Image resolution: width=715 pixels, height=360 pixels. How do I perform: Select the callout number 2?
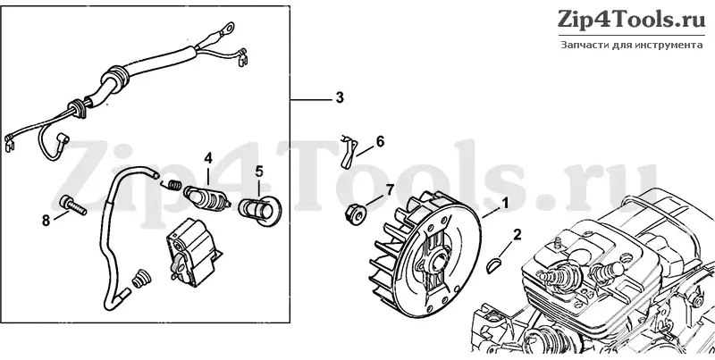(517, 235)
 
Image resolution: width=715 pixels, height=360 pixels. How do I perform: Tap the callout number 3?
(340, 98)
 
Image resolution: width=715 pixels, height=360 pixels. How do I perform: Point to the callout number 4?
(208, 159)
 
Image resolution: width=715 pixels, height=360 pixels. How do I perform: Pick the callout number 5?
(259, 172)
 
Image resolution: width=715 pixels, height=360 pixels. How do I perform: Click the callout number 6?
(380, 142)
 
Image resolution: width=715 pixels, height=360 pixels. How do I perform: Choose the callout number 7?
(389, 189)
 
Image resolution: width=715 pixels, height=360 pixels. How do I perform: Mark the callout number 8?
(46, 221)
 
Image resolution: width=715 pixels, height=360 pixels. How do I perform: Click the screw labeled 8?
(73, 206)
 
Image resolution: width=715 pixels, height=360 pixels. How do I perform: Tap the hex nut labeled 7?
(354, 214)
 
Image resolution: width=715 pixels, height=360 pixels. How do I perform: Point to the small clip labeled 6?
(348, 149)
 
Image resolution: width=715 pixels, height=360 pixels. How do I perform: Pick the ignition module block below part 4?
(190, 251)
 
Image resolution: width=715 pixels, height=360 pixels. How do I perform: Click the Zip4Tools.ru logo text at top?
(632, 21)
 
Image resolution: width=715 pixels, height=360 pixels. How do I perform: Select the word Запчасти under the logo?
(579, 46)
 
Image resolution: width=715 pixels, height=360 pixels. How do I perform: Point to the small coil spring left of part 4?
(172, 185)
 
